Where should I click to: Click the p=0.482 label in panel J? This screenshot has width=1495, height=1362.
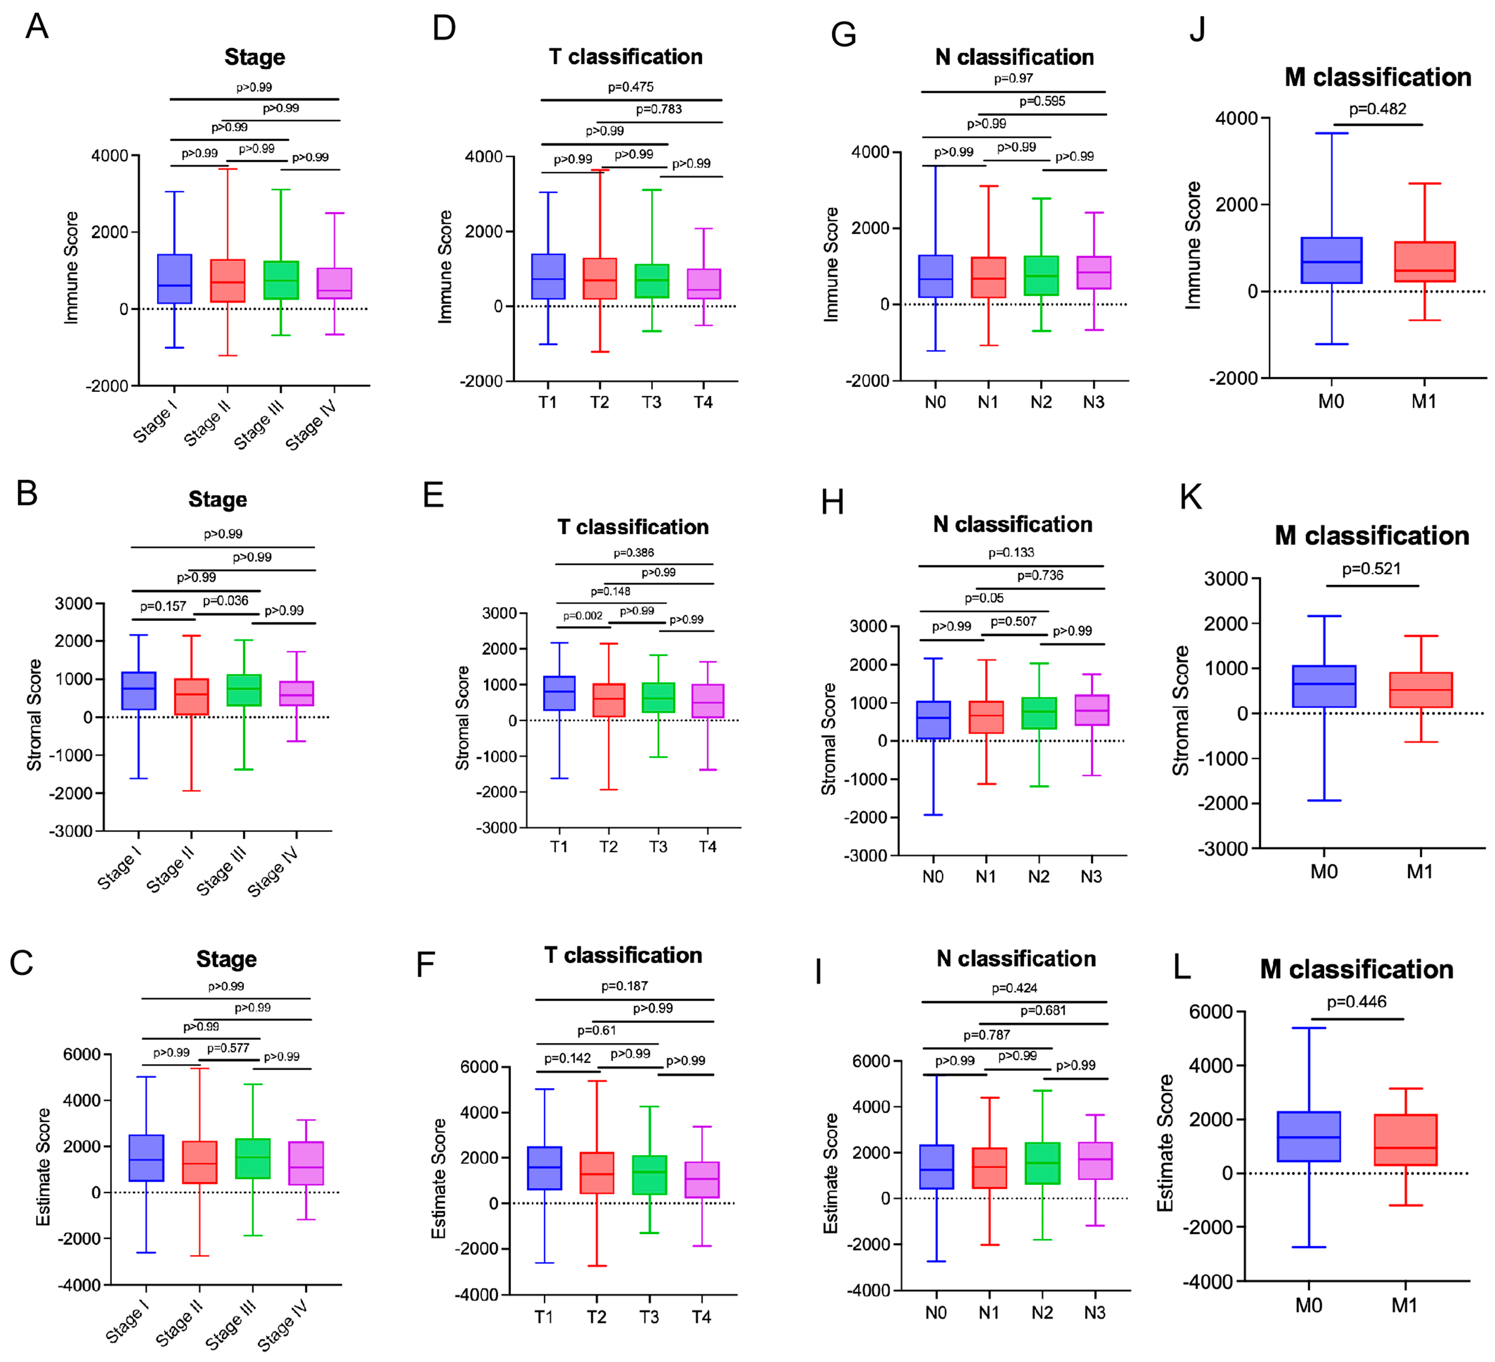click(1377, 109)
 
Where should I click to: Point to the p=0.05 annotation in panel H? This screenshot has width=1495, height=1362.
click(984, 598)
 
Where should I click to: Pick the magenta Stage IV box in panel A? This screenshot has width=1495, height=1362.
click(334, 283)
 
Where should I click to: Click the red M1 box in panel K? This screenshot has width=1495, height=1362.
click(1420, 690)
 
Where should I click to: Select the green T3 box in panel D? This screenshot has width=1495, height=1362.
click(652, 281)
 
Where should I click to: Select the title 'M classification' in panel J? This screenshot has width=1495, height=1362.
click(1377, 77)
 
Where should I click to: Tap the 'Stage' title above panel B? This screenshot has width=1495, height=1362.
click(217, 499)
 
